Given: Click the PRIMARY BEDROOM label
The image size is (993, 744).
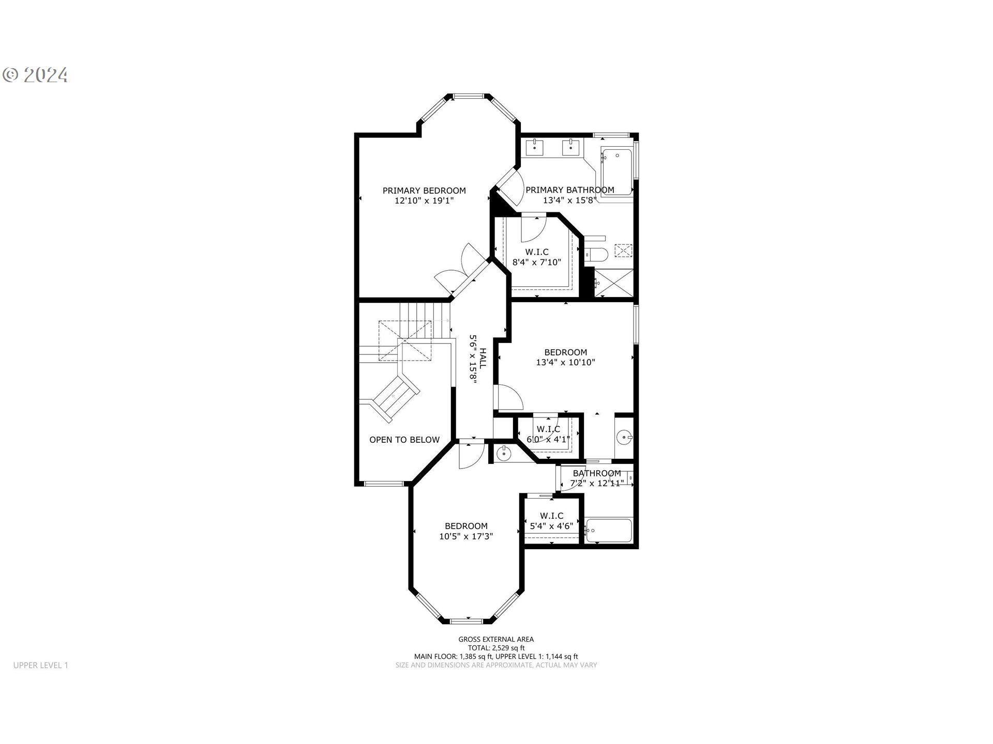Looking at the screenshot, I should (x=424, y=191).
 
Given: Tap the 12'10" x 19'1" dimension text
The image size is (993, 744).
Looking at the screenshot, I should (x=424, y=201).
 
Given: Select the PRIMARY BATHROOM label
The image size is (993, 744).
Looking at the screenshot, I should (x=570, y=190).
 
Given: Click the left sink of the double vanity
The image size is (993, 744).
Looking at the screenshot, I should (x=534, y=147).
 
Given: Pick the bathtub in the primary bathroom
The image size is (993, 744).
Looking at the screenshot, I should (x=617, y=172).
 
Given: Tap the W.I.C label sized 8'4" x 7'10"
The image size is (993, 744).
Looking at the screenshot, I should (x=537, y=252).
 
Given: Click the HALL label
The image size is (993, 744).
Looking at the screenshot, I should (x=483, y=358).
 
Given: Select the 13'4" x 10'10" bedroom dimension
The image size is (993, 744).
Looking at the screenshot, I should (x=565, y=363).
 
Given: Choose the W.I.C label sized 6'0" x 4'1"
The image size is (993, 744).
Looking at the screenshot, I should (x=548, y=429).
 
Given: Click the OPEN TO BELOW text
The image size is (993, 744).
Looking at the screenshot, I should (x=404, y=440).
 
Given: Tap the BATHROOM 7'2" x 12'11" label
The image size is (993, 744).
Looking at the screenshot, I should (x=597, y=473).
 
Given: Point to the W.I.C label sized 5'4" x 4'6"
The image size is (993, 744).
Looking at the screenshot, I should (x=551, y=516).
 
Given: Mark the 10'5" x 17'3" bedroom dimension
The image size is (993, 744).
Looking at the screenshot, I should (x=466, y=536).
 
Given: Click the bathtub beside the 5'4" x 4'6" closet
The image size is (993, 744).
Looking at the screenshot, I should (x=609, y=530).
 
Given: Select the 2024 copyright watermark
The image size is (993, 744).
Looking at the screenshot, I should (x=36, y=75).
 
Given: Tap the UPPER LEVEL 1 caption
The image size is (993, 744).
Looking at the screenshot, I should (x=41, y=665).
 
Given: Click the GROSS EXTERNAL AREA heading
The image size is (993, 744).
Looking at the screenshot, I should (x=496, y=640).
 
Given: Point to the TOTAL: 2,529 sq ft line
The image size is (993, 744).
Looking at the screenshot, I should (x=496, y=648).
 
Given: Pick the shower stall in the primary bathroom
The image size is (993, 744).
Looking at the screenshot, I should (x=613, y=283).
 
